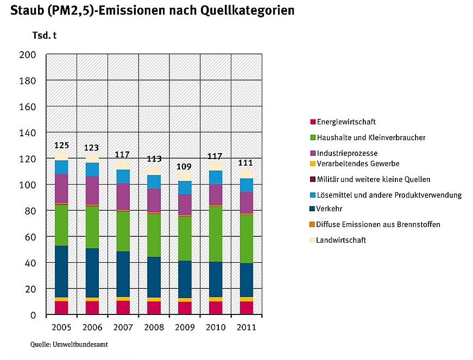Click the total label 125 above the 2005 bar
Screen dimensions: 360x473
coord(61,146)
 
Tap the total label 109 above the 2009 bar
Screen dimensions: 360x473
coord(185,167)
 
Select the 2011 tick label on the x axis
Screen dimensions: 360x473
coord(246,327)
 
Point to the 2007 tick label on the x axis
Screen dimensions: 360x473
coord(123,327)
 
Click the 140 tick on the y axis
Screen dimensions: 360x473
coord(28,133)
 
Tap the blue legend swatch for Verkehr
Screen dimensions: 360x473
coord(312,209)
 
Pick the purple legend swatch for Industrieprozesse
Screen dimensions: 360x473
coord(312,154)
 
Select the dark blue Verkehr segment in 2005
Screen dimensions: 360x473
coord(61,271)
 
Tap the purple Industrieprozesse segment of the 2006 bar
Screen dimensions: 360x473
coord(92,190)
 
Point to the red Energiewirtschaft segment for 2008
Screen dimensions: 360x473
coord(154,308)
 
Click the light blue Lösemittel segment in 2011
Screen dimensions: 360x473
coord(247,185)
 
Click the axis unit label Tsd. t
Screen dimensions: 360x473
coord(45,36)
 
